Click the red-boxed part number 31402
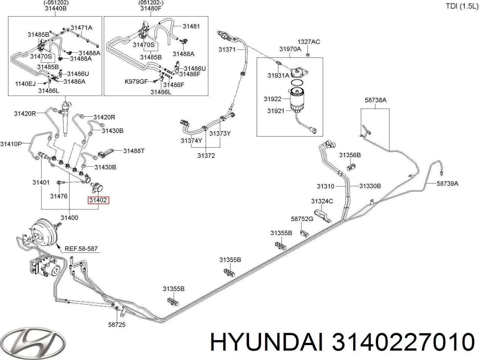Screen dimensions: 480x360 98,200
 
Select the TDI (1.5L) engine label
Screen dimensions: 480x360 462,6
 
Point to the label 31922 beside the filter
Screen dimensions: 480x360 272,99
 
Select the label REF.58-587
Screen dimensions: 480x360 81,248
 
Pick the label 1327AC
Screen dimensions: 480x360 309,42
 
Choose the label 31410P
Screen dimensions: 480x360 11,144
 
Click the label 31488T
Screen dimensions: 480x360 134,151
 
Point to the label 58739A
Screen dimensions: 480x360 447,183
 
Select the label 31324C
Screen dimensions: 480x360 322,201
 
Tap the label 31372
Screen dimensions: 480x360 206,156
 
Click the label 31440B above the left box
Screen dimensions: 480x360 55,8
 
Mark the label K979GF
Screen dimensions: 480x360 136,82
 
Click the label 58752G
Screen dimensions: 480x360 302,219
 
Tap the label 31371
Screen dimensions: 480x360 227,49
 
